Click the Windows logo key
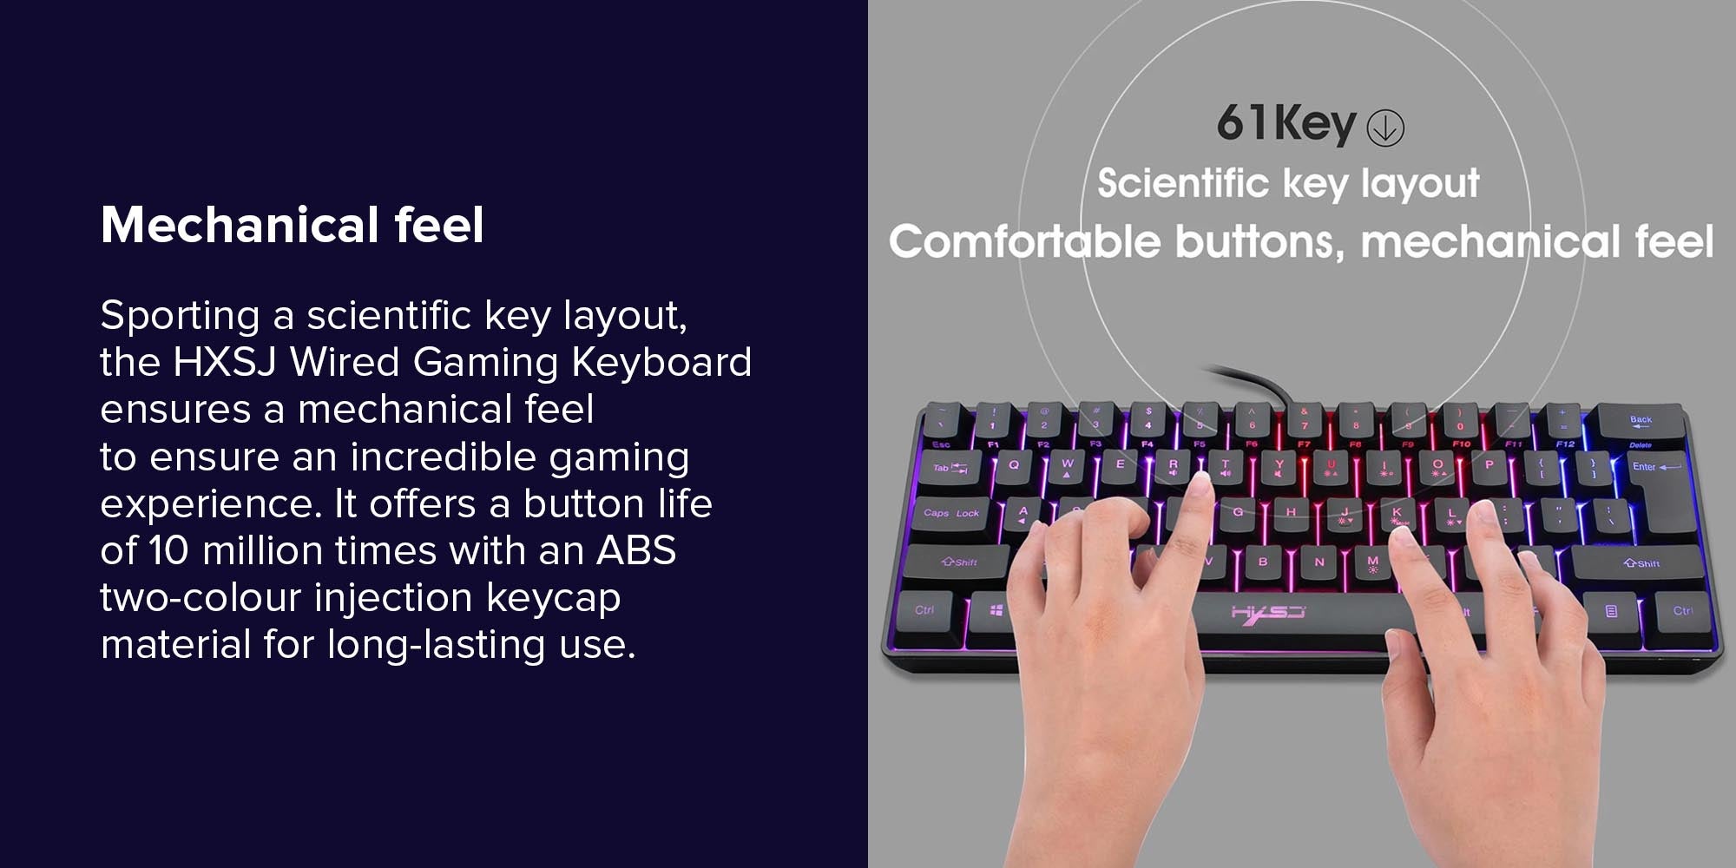tap(995, 611)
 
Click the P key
tap(1489, 465)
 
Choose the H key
tap(1292, 512)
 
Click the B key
tap(1263, 562)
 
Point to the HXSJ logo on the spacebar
tap(1267, 613)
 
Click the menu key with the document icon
tap(1611, 611)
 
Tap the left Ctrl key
tap(924, 610)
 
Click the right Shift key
tap(1640, 563)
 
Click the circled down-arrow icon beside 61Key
tap(1385, 128)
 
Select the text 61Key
tap(1286, 123)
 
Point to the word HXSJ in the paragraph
tap(225, 362)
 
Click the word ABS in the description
tap(636, 550)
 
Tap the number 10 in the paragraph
tap(168, 550)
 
